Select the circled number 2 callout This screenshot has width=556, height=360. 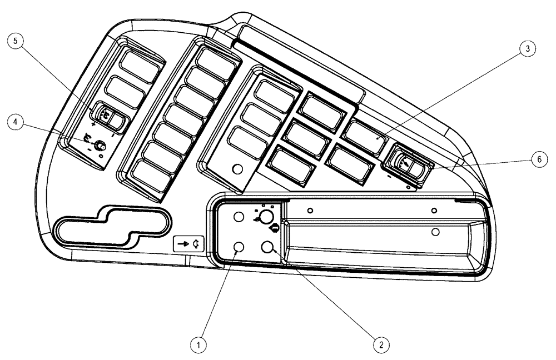click(380, 344)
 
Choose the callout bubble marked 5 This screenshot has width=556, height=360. click(16, 42)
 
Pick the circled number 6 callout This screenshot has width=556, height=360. click(537, 159)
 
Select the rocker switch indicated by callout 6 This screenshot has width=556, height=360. click(404, 162)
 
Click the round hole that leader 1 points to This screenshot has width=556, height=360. click(238, 247)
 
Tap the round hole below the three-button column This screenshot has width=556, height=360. click(237, 168)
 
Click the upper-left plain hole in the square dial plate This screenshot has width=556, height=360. click(238, 218)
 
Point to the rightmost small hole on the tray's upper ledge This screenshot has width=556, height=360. click(434, 210)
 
